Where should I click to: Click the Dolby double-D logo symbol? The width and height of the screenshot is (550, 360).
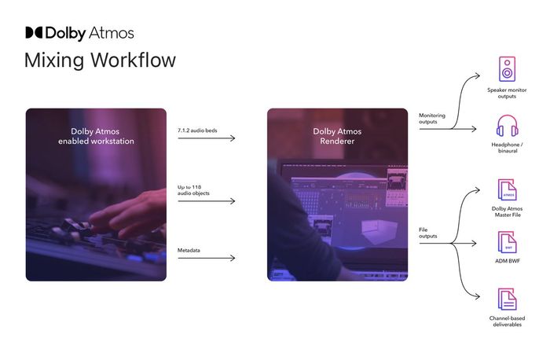[34, 33]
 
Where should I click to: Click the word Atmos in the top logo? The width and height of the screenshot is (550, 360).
[112, 33]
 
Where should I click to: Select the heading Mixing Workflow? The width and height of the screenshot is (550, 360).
[101, 60]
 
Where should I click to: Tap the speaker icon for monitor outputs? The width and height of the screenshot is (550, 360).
[507, 69]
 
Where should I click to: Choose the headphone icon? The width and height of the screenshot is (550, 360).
[508, 125]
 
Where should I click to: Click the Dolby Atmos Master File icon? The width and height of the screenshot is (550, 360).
[508, 189]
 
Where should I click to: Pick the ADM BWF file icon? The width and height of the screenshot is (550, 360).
[508, 242]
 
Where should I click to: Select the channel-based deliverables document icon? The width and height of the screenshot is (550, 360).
[508, 299]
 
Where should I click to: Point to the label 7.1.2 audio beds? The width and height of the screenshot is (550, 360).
[197, 130]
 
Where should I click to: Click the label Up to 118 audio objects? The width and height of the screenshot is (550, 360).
[193, 189]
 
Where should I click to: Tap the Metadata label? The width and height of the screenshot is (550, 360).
[189, 250]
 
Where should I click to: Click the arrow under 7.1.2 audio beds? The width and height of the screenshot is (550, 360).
[206, 138]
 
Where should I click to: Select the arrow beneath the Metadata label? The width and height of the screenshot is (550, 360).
[206, 259]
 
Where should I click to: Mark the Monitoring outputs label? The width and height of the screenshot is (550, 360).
[432, 118]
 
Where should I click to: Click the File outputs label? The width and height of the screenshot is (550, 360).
[428, 233]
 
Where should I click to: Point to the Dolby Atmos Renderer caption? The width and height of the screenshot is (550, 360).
[337, 136]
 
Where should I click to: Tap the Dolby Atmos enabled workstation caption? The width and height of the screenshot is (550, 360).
[96, 136]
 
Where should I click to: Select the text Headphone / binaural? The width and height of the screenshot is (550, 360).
[508, 147]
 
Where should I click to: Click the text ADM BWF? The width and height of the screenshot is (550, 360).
[508, 261]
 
